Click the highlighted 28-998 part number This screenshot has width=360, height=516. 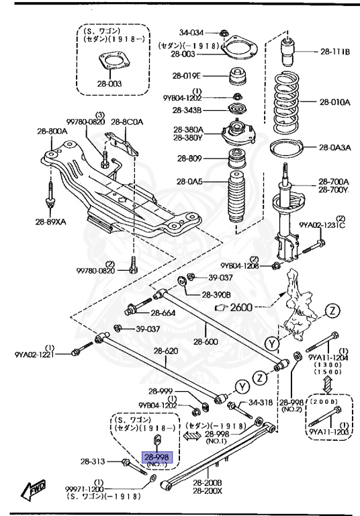156,457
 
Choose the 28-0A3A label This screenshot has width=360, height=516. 334,148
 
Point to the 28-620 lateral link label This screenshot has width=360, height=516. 166,350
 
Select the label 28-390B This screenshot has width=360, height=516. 216,295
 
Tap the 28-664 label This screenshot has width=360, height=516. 163,312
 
